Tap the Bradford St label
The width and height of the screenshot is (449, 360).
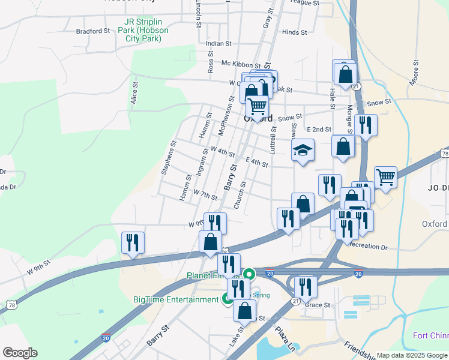(x=93, y=31)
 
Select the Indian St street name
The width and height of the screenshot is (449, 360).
(x=218, y=44)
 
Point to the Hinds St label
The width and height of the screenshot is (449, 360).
(x=294, y=32)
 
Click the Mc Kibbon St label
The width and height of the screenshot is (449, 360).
(x=241, y=64)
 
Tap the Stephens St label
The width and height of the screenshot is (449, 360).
(x=168, y=158)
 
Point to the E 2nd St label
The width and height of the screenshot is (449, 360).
(x=319, y=130)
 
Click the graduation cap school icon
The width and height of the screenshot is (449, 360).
(x=303, y=151)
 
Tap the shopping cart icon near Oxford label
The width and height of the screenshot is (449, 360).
(x=258, y=107)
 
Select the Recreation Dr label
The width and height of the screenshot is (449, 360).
(x=368, y=246)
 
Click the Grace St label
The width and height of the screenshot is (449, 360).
(x=318, y=305)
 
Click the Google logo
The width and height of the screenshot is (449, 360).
(x=20, y=353)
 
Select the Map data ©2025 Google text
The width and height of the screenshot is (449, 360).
(x=412, y=355)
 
